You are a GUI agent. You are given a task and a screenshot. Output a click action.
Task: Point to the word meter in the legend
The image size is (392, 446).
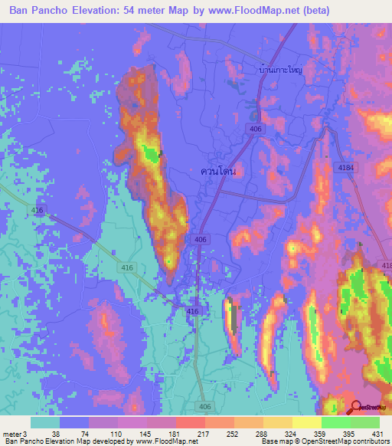point(11,433)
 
